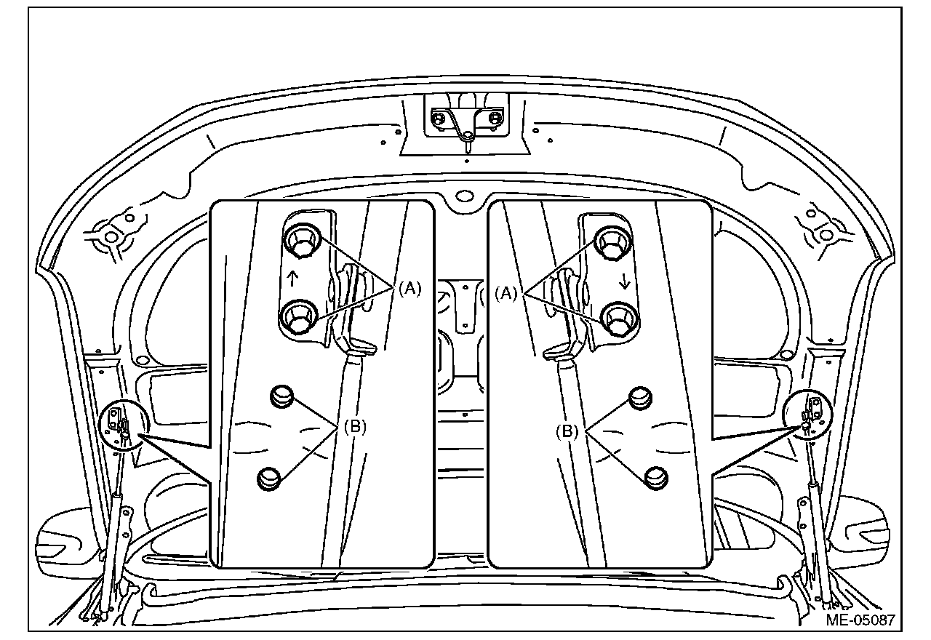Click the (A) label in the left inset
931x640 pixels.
[409, 289]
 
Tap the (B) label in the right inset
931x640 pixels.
[567, 431]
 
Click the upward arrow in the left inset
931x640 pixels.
[292, 278]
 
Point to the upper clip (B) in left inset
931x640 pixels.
[281, 396]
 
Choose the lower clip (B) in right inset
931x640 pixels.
[657, 476]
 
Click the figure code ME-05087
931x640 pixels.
[860, 620]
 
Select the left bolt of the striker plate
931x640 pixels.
[439, 117]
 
